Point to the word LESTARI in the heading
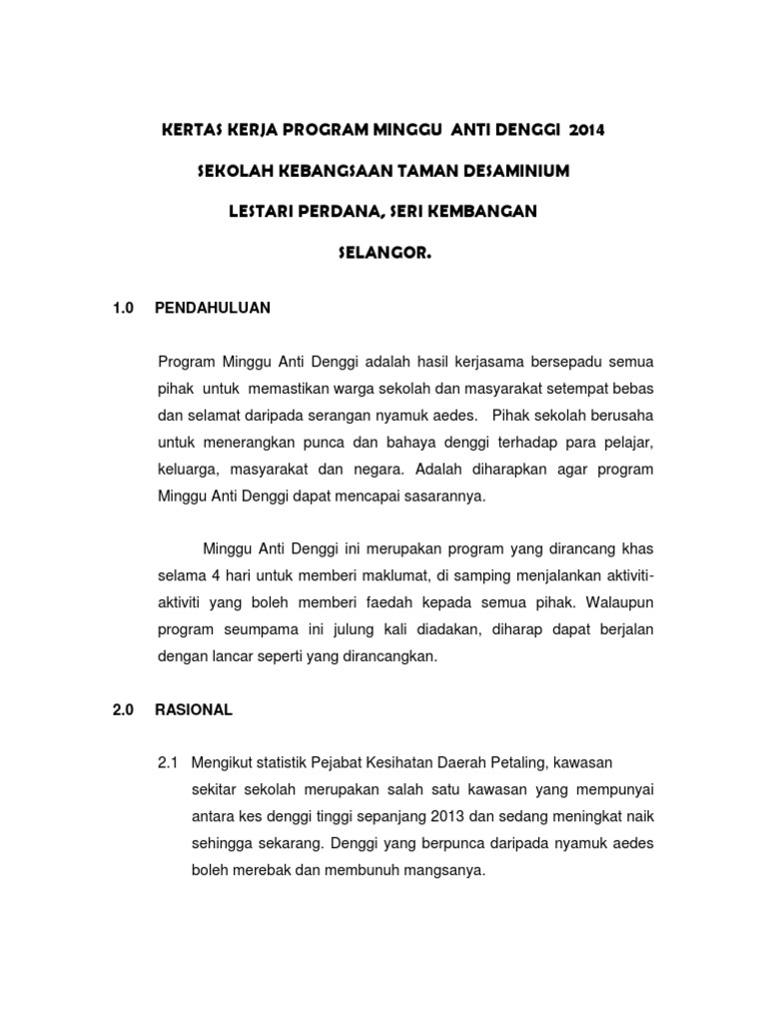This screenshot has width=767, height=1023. coord(261,212)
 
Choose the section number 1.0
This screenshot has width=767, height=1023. coord(123,309)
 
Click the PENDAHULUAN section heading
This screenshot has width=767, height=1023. coord(213,309)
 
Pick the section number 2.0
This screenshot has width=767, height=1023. coord(123,710)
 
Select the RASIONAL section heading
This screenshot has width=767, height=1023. coord(194,710)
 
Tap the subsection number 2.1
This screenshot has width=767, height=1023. coord(168,764)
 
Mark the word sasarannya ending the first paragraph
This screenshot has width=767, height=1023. coord(435,496)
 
